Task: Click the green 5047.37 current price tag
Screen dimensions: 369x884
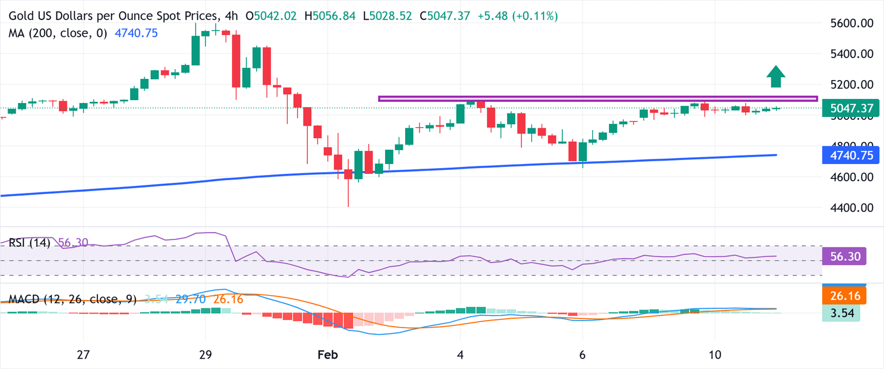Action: pos(844,108)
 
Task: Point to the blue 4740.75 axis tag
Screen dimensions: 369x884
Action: pos(844,155)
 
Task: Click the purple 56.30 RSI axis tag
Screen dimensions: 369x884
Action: pos(844,256)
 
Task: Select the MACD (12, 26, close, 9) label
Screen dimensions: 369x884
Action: pos(73,299)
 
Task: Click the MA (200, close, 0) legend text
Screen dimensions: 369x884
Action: pos(58,33)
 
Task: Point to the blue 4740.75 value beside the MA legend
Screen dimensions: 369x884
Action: pos(136,33)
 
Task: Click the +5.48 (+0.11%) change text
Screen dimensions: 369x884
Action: pos(518,17)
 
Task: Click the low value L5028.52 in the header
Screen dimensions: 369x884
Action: pos(391,17)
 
